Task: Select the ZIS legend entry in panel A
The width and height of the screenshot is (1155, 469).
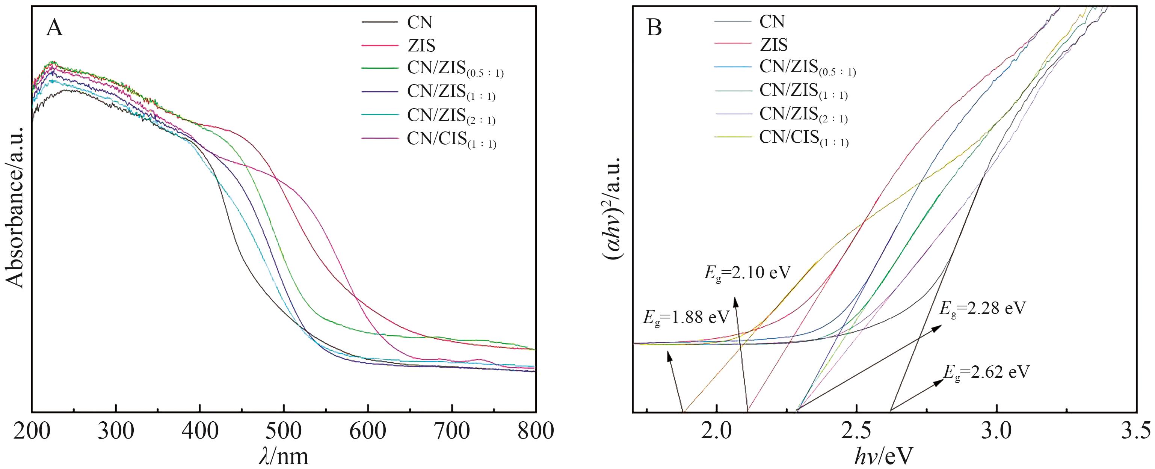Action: pyautogui.click(x=421, y=45)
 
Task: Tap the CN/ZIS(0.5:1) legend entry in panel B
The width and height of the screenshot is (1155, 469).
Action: pyautogui.click(x=807, y=68)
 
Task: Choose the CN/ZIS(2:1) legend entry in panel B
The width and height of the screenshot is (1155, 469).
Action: pyautogui.click(x=803, y=115)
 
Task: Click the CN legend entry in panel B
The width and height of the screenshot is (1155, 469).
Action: pyautogui.click(x=772, y=21)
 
